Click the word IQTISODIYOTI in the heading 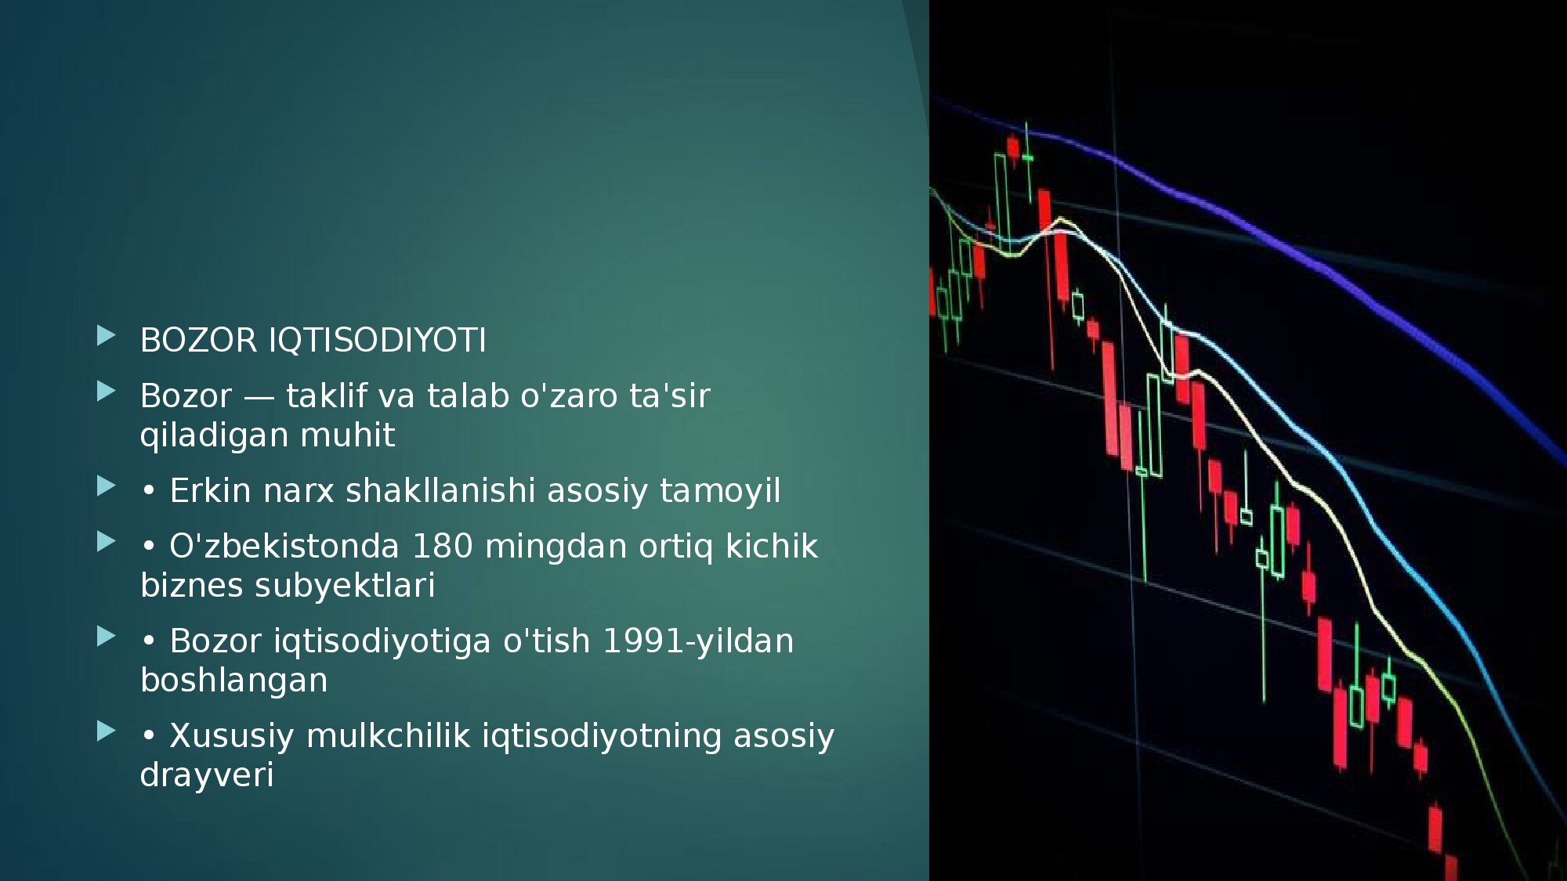pyautogui.click(x=378, y=340)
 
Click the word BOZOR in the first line pyautogui.click(x=198, y=340)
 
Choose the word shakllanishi pyautogui.click(x=440, y=491)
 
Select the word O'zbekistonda pyautogui.click(x=284, y=546)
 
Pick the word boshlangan pyautogui.click(x=233, y=681)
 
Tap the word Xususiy pyautogui.click(x=232, y=736)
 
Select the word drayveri pyautogui.click(x=207, y=775)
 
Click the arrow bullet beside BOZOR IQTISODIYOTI pyautogui.click(x=106, y=336)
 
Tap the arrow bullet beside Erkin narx pyautogui.click(x=106, y=486)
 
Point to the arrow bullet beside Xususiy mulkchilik pyautogui.click(x=106, y=731)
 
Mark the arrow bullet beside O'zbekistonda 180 pyautogui.click(x=106, y=542)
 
